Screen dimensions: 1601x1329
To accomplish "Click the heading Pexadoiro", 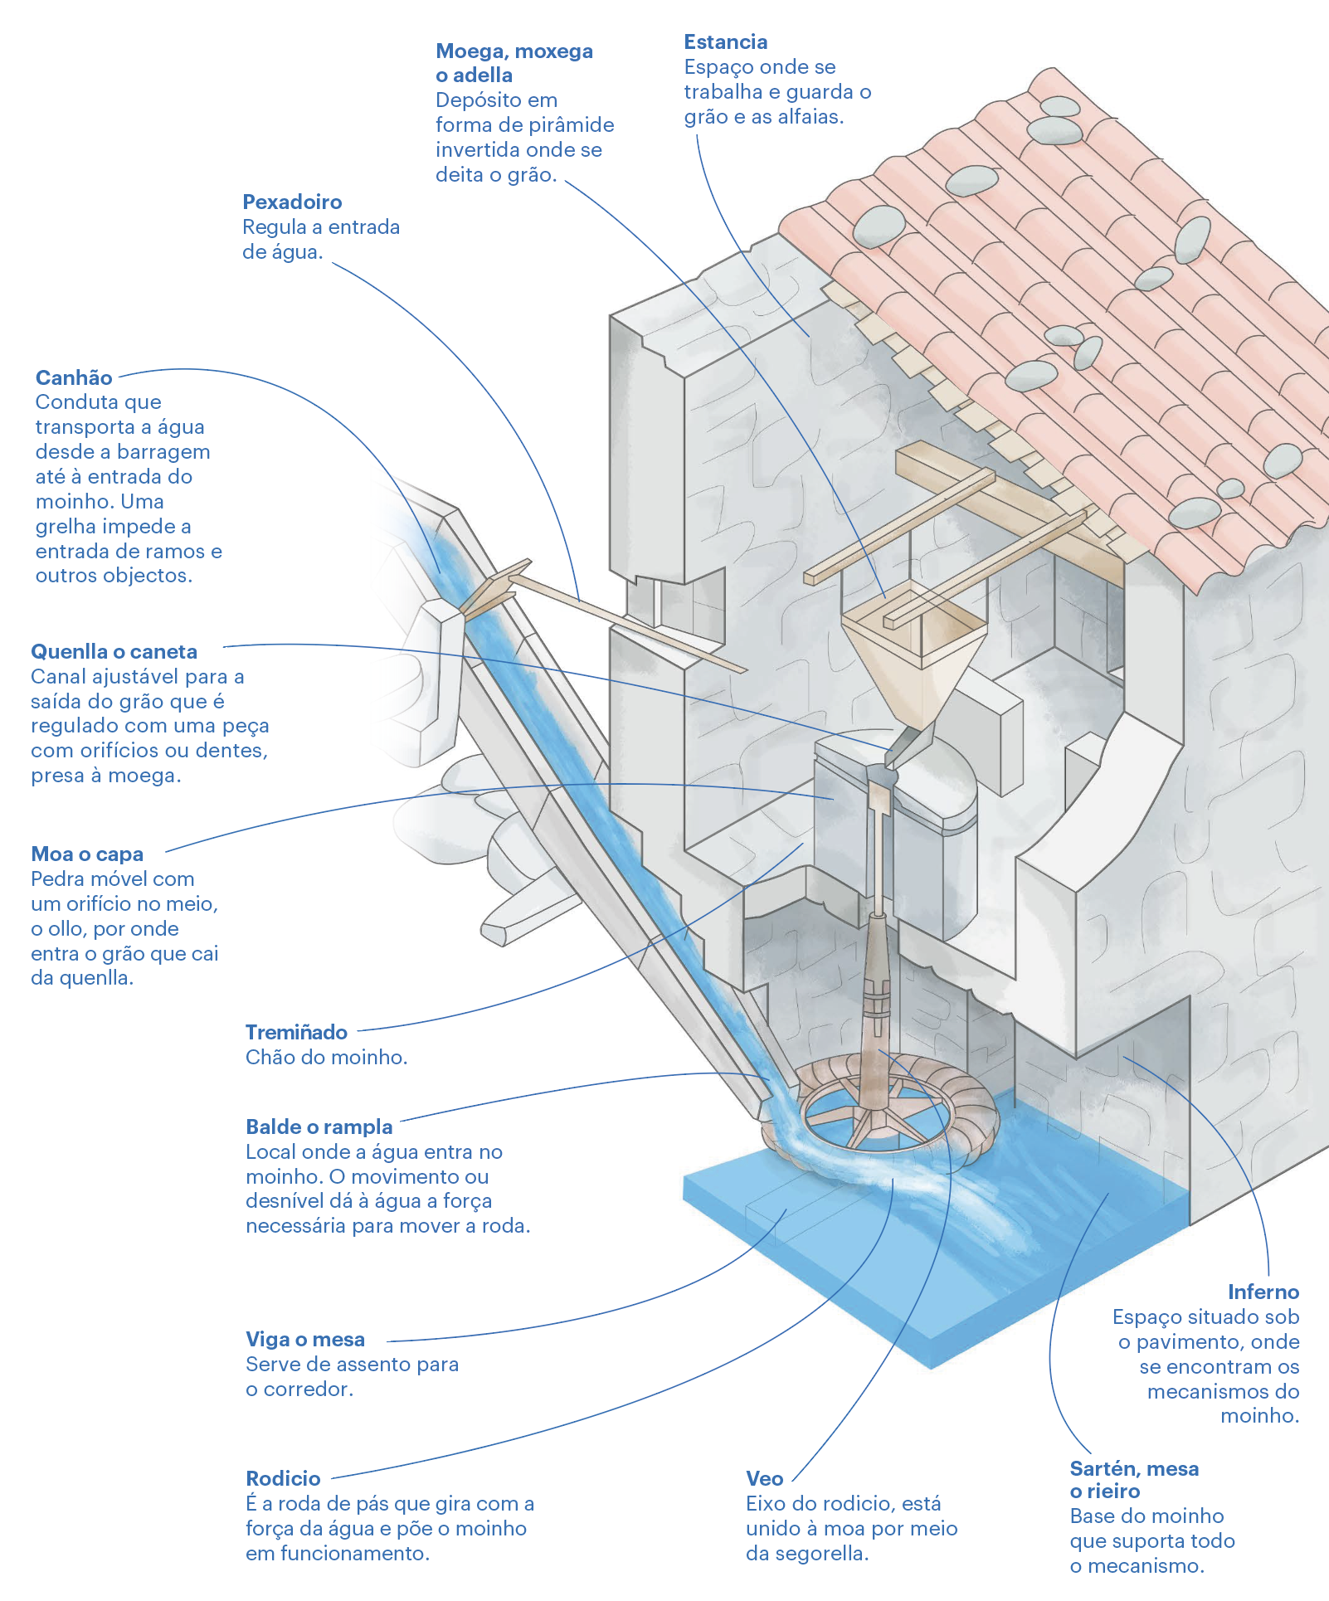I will click(x=292, y=202).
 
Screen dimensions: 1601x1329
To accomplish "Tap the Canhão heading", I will click(x=74, y=378).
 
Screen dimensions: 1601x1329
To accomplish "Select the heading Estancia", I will click(x=725, y=42).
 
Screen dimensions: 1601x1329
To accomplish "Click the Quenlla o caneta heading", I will click(x=114, y=652).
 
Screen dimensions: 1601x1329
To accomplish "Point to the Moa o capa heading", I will click(x=87, y=854).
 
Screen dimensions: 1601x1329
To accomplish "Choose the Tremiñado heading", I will click(x=296, y=1033).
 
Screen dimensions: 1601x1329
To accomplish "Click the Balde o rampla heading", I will click(x=319, y=1127).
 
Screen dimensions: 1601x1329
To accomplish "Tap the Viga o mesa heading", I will click(x=305, y=1340).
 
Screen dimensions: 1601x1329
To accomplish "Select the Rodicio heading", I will click(x=283, y=1479).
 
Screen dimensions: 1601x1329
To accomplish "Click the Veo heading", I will click(x=764, y=1479).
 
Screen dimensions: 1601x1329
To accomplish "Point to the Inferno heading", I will click(x=1263, y=1292).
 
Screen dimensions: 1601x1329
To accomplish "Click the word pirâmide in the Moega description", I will click(x=573, y=125).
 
